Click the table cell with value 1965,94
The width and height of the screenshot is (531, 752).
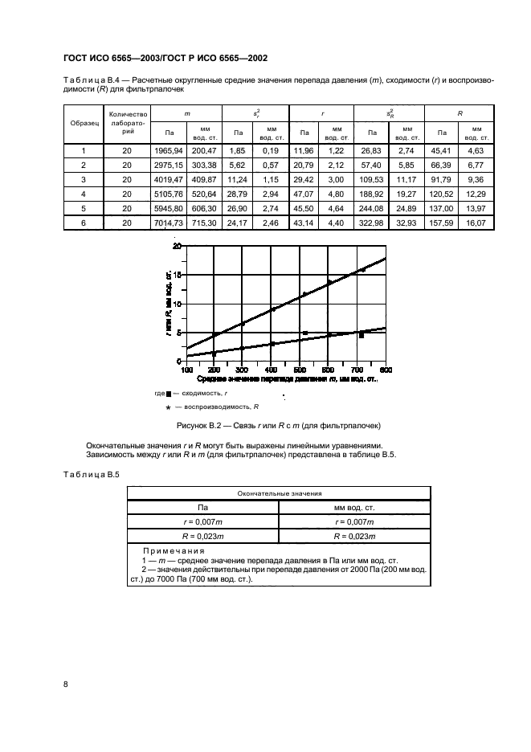click(169, 150)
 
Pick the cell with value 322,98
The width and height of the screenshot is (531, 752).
click(373, 223)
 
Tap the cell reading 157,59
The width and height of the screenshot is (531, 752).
click(440, 223)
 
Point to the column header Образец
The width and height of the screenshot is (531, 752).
click(84, 125)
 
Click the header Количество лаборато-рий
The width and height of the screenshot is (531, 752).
click(126, 124)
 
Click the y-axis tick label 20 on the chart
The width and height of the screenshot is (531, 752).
click(178, 245)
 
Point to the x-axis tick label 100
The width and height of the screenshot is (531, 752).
click(186, 370)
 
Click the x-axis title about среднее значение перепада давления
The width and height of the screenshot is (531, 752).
click(287, 378)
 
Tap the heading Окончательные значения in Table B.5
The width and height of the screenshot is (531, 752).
click(278, 494)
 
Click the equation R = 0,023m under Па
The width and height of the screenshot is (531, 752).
click(202, 534)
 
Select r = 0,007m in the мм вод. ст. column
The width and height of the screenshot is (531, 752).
click(353, 521)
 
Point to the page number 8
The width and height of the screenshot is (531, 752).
click(65, 684)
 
